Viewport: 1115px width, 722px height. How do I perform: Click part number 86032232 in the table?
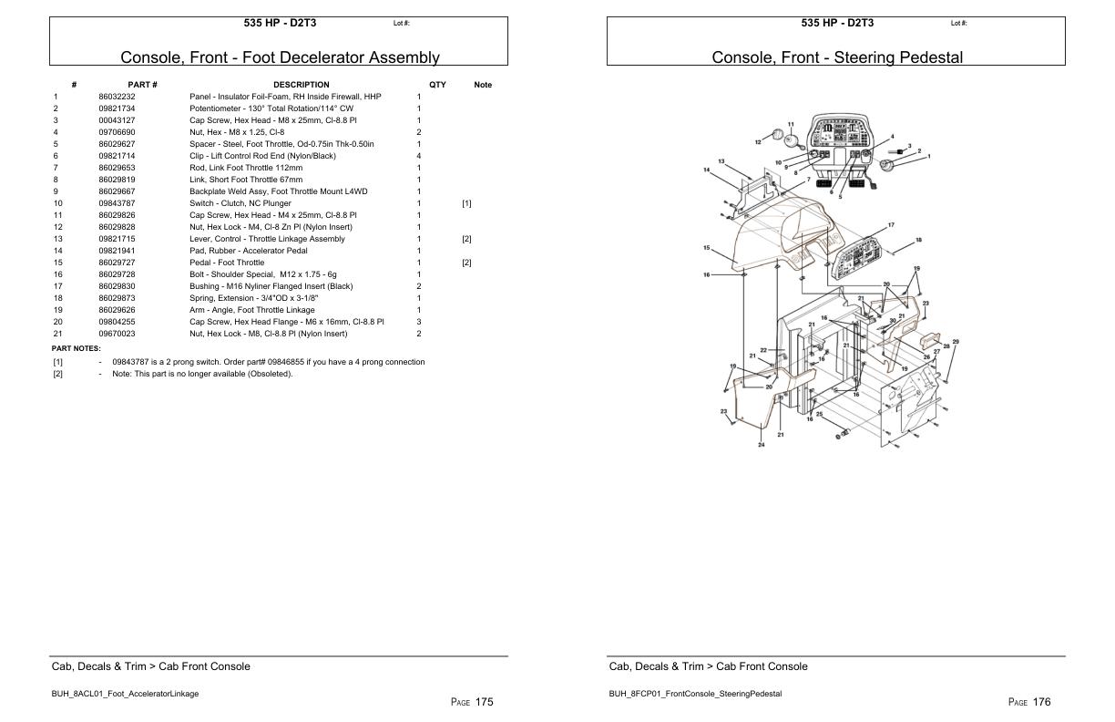117,97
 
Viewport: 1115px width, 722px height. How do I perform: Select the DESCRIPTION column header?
301,85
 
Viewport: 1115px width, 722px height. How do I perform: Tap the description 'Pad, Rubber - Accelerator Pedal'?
248,251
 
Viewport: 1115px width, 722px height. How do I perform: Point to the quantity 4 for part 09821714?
418,156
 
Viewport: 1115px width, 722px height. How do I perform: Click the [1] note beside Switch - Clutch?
466,203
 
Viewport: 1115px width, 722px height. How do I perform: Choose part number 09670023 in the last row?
117,334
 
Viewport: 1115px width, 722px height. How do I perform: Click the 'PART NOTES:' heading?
77,348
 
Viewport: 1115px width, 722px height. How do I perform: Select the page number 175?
484,702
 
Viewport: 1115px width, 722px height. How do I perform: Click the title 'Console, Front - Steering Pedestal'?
836,57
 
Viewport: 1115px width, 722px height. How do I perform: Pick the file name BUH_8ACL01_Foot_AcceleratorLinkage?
125,694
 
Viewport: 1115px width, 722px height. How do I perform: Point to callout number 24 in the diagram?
762,445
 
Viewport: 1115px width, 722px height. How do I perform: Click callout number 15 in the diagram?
705,248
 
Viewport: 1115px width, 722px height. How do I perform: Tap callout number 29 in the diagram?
956,342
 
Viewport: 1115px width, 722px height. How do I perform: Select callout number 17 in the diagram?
891,225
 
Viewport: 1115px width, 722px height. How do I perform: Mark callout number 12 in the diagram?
758,142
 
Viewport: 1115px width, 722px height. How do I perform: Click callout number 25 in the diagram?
819,414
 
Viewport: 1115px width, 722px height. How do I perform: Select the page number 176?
1041,702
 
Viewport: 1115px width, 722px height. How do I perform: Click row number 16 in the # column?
57,274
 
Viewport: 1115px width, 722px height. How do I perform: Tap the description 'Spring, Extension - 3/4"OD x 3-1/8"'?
253,298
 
